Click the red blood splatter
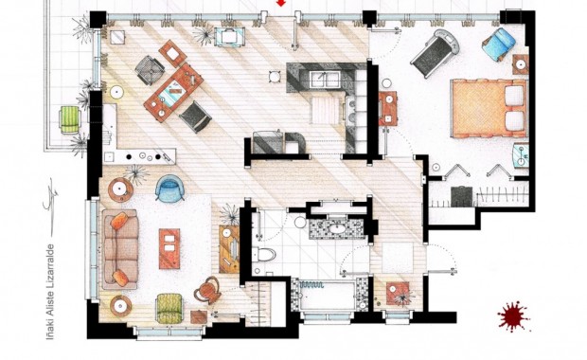(513, 315)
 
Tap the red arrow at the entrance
(281, 3)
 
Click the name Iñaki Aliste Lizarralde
(50, 292)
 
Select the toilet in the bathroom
(264, 254)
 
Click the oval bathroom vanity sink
(338, 228)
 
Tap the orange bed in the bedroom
(489, 108)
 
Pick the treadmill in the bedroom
(435, 53)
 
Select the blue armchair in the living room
(169, 189)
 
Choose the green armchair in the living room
(169, 308)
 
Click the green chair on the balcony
(70, 119)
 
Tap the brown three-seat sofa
(120, 249)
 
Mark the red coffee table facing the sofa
(169, 249)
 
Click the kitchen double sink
(325, 80)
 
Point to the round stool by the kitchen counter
(275, 77)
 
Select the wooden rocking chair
(207, 290)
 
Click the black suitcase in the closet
(462, 196)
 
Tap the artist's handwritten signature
(50, 195)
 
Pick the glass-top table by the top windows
(229, 37)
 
